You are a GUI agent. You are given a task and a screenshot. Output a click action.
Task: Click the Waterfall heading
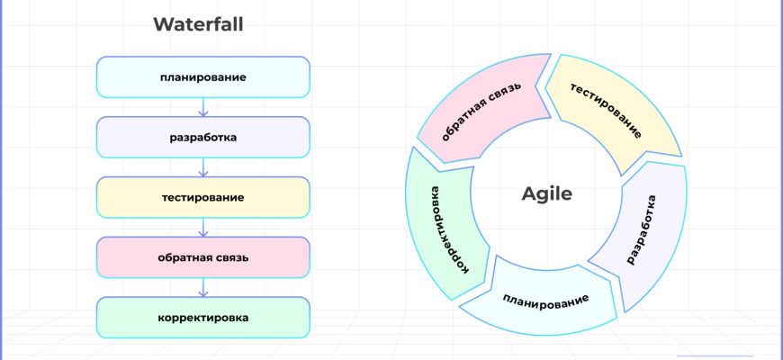click(x=198, y=24)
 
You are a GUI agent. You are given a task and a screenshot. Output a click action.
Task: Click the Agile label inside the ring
click(x=546, y=193)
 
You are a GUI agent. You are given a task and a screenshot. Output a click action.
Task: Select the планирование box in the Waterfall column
click(x=202, y=77)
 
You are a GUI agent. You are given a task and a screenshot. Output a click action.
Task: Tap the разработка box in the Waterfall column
click(x=202, y=138)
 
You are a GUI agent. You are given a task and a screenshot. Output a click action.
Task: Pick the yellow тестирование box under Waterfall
click(x=202, y=197)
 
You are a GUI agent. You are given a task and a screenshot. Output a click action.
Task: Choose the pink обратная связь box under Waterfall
click(x=202, y=257)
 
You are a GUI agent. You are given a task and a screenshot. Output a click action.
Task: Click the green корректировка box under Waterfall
click(x=202, y=318)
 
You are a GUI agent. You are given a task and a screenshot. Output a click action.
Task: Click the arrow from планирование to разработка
click(x=202, y=107)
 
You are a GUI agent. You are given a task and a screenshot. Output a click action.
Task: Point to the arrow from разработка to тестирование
click(x=202, y=167)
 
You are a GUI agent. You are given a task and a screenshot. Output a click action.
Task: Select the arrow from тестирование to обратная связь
click(x=202, y=228)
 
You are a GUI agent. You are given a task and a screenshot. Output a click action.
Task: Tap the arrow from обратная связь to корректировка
click(x=202, y=288)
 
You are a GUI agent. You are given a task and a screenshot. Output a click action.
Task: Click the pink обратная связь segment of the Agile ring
click(x=481, y=113)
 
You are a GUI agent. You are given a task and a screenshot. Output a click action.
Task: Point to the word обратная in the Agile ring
click(x=464, y=125)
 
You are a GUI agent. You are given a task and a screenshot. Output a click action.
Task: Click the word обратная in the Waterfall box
click(x=184, y=257)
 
